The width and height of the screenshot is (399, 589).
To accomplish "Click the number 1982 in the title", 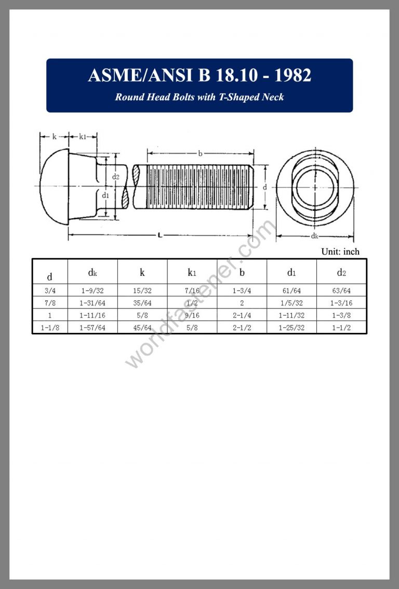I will pyautogui.click(x=292, y=75).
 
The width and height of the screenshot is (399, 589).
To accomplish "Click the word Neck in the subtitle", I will pyautogui.click(x=272, y=97).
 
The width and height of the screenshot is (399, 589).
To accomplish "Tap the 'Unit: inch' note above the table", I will pyautogui.click(x=340, y=251).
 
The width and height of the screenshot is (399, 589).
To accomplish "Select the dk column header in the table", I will pyautogui.click(x=92, y=272).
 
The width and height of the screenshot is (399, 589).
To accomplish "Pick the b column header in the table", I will pyautogui.click(x=242, y=272).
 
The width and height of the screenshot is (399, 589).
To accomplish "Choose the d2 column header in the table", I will pyautogui.click(x=341, y=272).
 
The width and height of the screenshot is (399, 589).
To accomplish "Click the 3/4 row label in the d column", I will pyautogui.click(x=50, y=291).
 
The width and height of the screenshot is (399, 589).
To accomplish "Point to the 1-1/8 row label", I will pyautogui.click(x=50, y=327).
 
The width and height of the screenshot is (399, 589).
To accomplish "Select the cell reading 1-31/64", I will pyautogui.click(x=92, y=303).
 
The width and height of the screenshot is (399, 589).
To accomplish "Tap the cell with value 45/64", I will pyautogui.click(x=142, y=327).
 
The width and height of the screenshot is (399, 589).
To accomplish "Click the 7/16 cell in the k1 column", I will pyautogui.click(x=192, y=291).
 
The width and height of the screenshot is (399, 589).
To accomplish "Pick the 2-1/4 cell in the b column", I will pyautogui.click(x=242, y=315).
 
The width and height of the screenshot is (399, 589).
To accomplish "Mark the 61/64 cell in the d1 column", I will pyautogui.click(x=291, y=291).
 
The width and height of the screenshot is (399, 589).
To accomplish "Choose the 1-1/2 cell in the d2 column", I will pyautogui.click(x=341, y=327).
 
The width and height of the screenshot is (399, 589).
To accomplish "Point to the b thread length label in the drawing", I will pyautogui.click(x=201, y=153).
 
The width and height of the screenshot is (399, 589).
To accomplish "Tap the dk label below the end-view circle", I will pyautogui.click(x=315, y=236).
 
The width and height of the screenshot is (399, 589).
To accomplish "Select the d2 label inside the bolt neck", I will pyautogui.click(x=115, y=177).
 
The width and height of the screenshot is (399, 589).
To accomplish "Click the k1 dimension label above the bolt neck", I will pyautogui.click(x=83, y=137).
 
